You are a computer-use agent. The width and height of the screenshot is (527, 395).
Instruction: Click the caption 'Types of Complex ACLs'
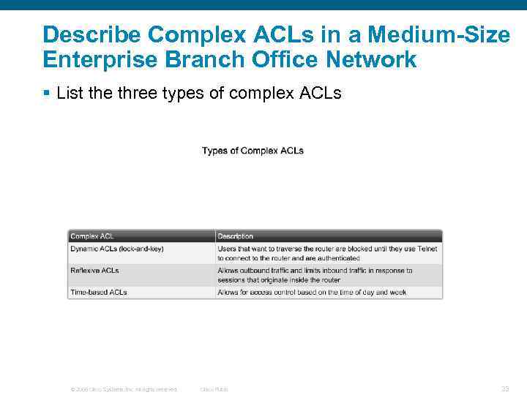click(x=253, y=151)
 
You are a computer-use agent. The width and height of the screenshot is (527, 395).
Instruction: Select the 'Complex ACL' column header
click(x=92, y=236)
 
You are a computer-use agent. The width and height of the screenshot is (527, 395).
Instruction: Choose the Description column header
click(x=236, y=236)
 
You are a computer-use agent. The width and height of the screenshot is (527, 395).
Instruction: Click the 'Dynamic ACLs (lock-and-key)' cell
click(x=117, y=249)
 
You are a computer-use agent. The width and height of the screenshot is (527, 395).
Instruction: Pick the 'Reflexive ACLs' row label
click(x=94, y=271)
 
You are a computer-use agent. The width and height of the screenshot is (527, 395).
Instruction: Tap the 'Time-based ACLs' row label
click(x=99, y=293)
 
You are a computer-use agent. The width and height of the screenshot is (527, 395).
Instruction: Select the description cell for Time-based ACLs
click(x=312, y=293)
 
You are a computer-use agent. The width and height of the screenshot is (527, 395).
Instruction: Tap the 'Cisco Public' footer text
click(x=214, y=389)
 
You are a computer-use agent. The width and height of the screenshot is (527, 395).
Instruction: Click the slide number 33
click(x=505, y=388)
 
